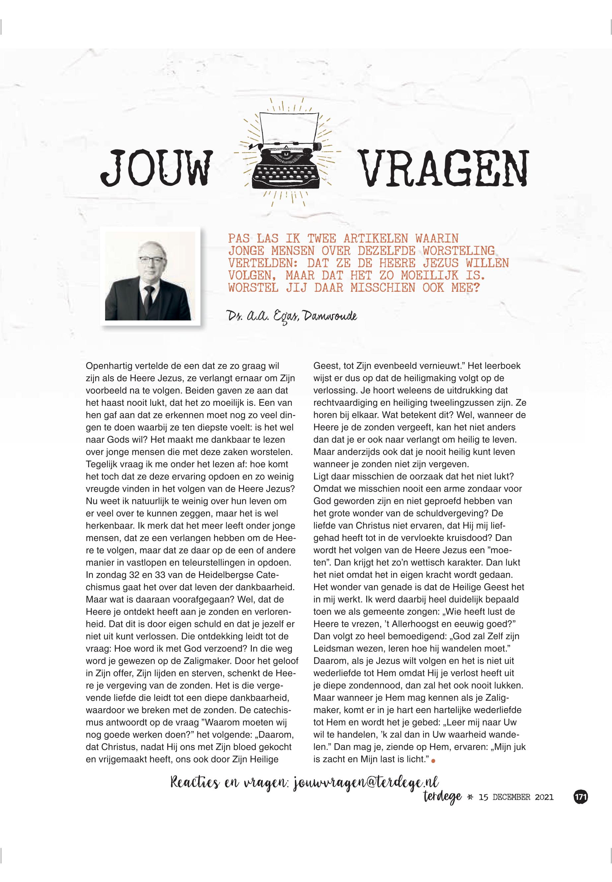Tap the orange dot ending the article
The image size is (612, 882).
tap(434, 760)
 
